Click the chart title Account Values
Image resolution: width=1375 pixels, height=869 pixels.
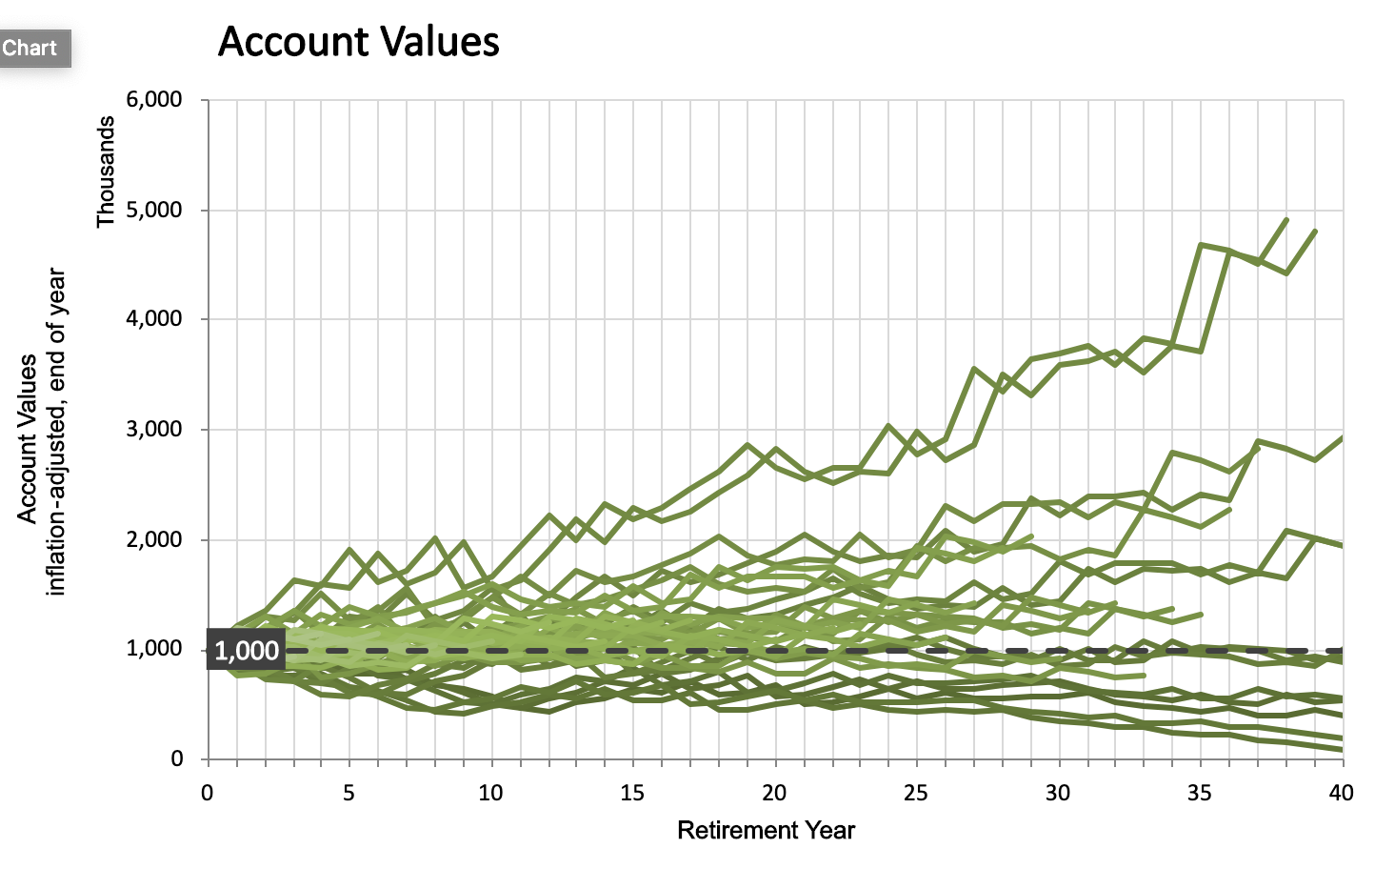(358, 42)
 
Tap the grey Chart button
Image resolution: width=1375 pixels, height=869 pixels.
(31, 48)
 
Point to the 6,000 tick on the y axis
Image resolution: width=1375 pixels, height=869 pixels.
(153, 100)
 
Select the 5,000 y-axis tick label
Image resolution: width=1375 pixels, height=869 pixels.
(153, 210)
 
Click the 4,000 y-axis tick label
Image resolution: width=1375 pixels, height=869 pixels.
(153, 319)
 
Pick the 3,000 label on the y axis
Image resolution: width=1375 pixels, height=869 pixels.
(153, 430)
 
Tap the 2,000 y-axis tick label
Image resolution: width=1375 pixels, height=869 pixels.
(153, 539)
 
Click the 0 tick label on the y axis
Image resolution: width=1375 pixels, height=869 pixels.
(177, 759)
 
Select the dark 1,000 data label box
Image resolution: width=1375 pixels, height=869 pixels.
(246, 651)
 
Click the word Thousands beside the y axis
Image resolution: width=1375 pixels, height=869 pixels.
(106, 172)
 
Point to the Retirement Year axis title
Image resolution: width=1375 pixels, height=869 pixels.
(766, 831)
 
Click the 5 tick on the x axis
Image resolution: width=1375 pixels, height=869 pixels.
(349, 793)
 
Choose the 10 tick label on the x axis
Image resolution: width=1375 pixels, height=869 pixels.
(490, 793)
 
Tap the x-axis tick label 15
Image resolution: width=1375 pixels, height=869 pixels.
(632, 793)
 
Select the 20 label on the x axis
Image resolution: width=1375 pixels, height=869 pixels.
(774, 793)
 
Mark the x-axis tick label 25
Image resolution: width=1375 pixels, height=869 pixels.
(916, 793)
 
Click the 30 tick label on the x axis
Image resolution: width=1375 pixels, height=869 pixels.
(1058, 793)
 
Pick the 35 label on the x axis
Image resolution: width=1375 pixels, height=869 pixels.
(1200, 793)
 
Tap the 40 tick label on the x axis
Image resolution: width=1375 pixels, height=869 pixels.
(1341, 793)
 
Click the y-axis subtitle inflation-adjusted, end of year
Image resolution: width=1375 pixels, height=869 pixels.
(57, 432)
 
